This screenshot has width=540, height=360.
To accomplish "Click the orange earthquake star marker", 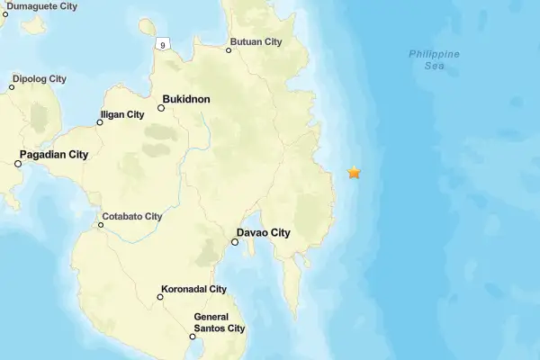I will [x=355, y=172].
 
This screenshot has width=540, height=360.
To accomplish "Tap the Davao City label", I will [x=265, y=233].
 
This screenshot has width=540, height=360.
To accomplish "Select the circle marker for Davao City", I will [x=235, y=241].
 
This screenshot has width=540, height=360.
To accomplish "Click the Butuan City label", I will [x=256, y=42].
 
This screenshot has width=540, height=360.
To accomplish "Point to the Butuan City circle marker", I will [x=229, y=50].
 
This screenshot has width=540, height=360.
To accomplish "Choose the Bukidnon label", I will [x=186, y=99].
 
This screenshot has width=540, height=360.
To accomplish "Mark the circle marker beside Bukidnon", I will [x=161, y=108].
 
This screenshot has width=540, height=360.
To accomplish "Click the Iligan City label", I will [x=122, y=114].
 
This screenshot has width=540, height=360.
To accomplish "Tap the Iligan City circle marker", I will [x=100, y=122].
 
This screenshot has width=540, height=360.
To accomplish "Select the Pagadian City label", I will [x=55, y=155].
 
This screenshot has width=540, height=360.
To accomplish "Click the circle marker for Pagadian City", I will [x=18, y=164].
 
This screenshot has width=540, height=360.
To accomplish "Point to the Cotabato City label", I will [x=131, y=216].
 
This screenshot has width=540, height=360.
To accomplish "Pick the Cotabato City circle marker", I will [x=101, y=225].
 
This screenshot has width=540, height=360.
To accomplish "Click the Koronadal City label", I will [x=193, y=290].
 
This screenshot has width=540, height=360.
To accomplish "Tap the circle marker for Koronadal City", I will [x=161, y=298].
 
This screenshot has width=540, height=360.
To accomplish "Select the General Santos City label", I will [x=220, y=322].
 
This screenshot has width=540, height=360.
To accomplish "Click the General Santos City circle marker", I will [x=193, y=337].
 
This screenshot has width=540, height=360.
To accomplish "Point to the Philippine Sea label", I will [x=434, y=59].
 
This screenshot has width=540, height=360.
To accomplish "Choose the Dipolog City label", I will [x=39, y=78].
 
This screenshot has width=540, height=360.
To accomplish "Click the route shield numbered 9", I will [x=163, y=43].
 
